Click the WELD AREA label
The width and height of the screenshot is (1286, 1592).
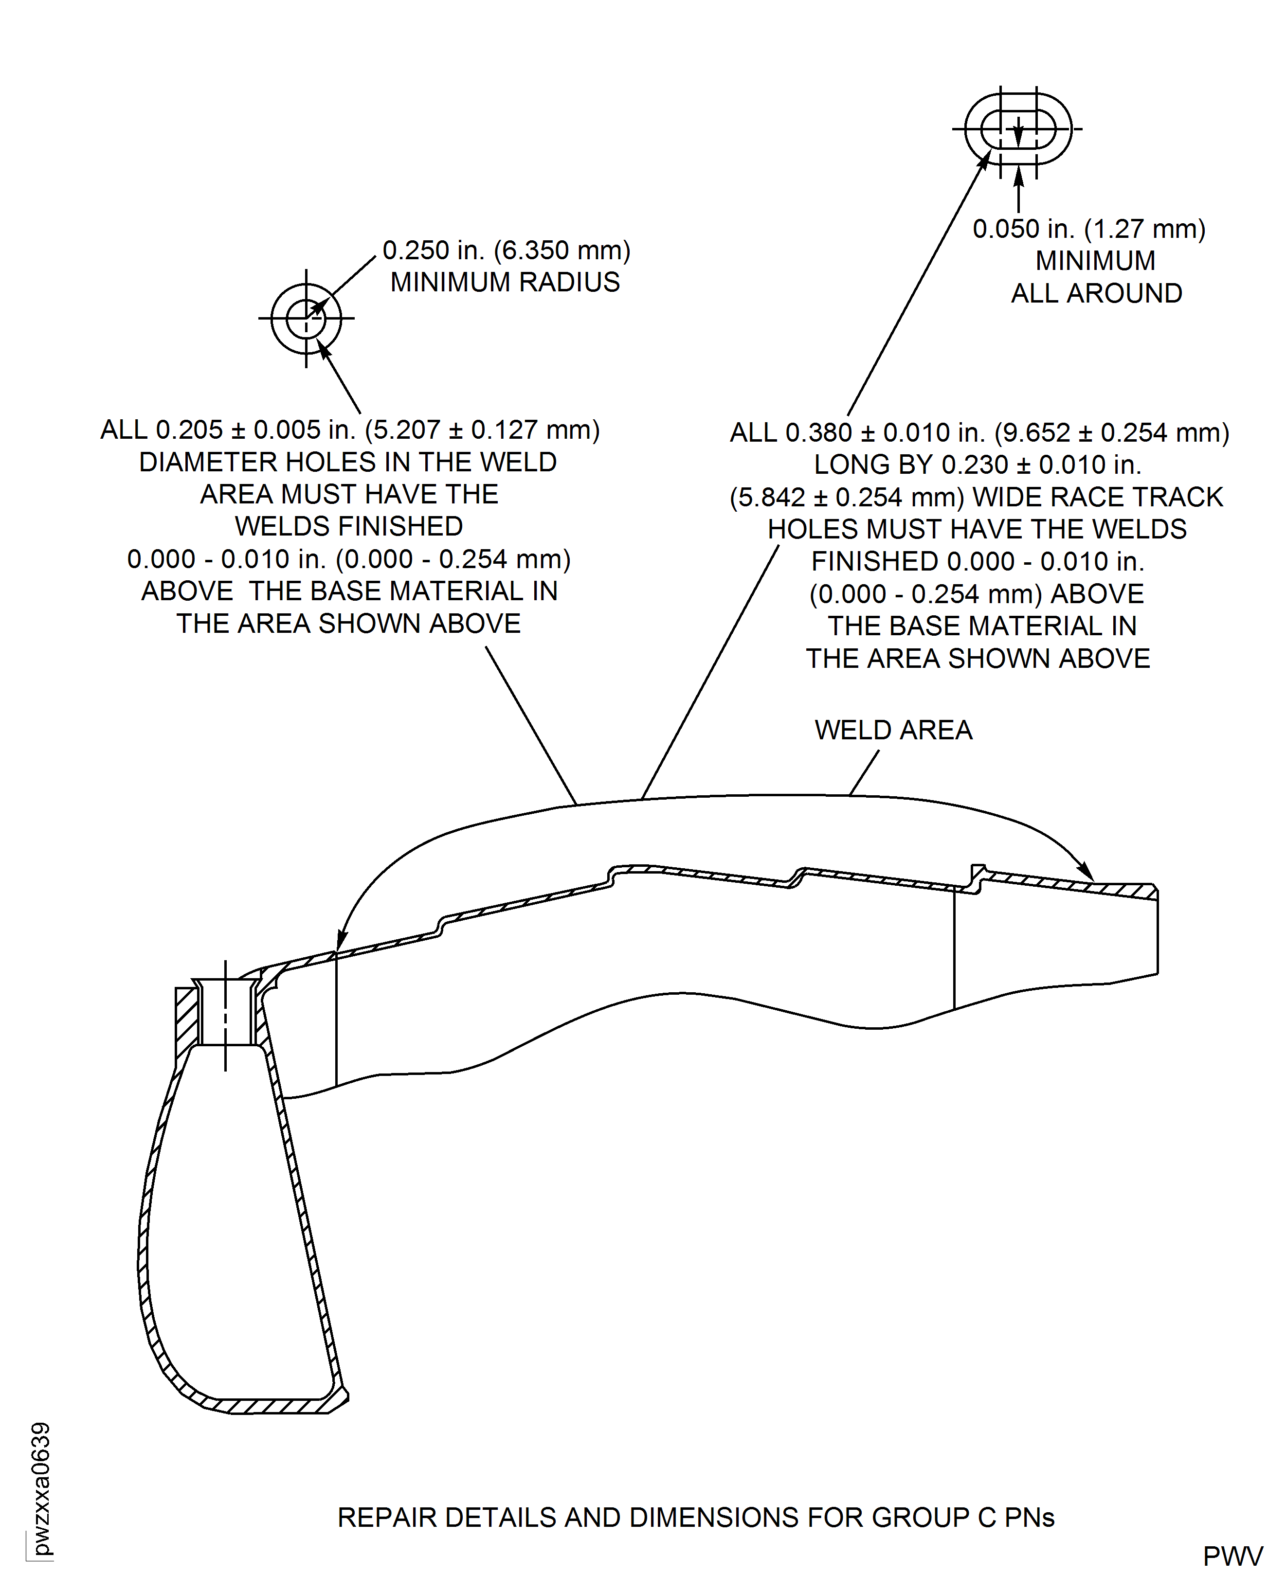893,730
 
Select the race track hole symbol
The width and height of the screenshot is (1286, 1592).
1018,129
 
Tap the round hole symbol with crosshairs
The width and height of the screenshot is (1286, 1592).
306,319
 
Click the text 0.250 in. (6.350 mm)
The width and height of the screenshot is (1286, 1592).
506,250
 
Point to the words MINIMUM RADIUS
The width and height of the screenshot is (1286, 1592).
505,282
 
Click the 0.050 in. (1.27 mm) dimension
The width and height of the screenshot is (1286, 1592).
1088,229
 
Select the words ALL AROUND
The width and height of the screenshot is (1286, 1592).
1096,293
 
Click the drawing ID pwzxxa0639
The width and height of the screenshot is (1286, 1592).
41,1488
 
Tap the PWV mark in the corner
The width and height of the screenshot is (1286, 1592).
1232,1556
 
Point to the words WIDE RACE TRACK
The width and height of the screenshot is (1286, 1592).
1097,497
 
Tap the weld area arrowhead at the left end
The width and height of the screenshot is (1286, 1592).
341,942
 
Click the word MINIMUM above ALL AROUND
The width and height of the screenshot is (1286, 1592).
1095,261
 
